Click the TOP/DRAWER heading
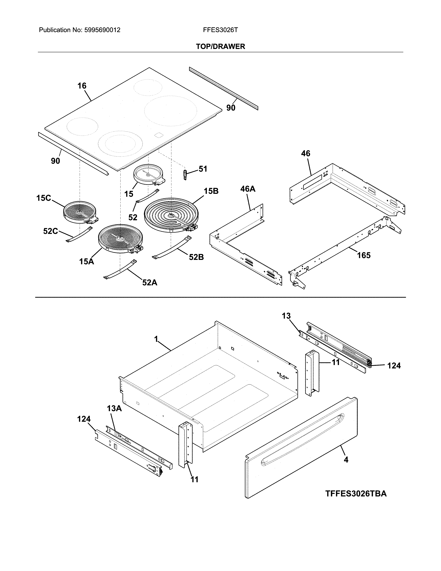220,47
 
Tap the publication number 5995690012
102,30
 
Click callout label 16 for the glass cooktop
82,86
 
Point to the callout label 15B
211,191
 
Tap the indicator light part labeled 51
186,174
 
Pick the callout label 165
364,255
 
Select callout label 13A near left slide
114,408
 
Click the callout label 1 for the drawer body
156,339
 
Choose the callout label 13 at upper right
286,316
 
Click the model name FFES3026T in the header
220,30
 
